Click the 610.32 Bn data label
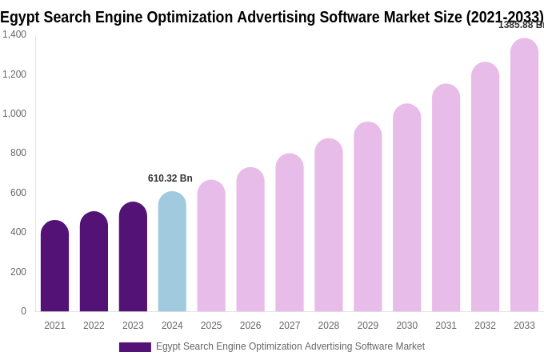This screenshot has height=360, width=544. click(170, 178)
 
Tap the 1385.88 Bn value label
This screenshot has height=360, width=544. click(521, 25)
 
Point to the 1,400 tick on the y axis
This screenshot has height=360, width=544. click(14, 34)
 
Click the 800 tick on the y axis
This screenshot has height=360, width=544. click(18, 153)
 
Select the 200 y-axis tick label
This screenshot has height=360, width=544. click(18, 272)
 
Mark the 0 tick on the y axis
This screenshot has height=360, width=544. click(23, 311)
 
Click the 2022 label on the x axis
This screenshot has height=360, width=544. click(94, 326)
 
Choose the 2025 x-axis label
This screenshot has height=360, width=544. click(211, 326)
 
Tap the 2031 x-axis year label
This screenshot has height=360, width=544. click(446, 326)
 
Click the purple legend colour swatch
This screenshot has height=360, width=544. click(134, 347)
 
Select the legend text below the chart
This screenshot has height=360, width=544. click(290, 346)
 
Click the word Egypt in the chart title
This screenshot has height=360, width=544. click(19, 17)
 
